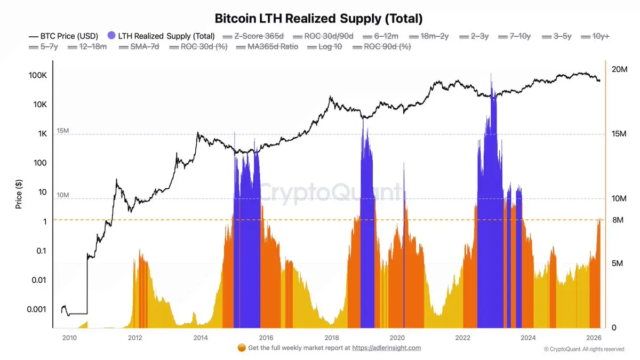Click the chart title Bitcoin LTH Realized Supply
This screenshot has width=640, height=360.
click(x=318, y=18)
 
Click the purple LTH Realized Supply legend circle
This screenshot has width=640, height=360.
click(x=111, y=36)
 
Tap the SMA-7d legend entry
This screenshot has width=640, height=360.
click(x=144, y=46)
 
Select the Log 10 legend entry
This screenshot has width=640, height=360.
click(x=330, y=46)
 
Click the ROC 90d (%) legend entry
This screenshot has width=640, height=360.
click(x=387, y=46)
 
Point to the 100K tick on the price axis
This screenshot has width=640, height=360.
click(x=37, y=76)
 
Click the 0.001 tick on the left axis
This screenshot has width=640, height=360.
click(x=36, y=309)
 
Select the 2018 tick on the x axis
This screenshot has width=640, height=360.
click(x=331, y=337)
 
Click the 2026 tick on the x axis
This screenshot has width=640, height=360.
click(x=594, y=337)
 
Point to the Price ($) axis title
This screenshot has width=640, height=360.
click(x=19, y=194)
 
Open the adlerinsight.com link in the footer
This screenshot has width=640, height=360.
click(x=387, y=348)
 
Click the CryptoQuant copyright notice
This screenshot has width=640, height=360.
click(x=584, y=349)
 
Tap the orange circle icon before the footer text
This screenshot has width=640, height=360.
click(x=242, y=348)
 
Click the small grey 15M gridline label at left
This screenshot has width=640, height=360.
click(x=62, y=131)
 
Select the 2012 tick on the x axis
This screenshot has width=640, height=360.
click(x=135, y=337)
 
